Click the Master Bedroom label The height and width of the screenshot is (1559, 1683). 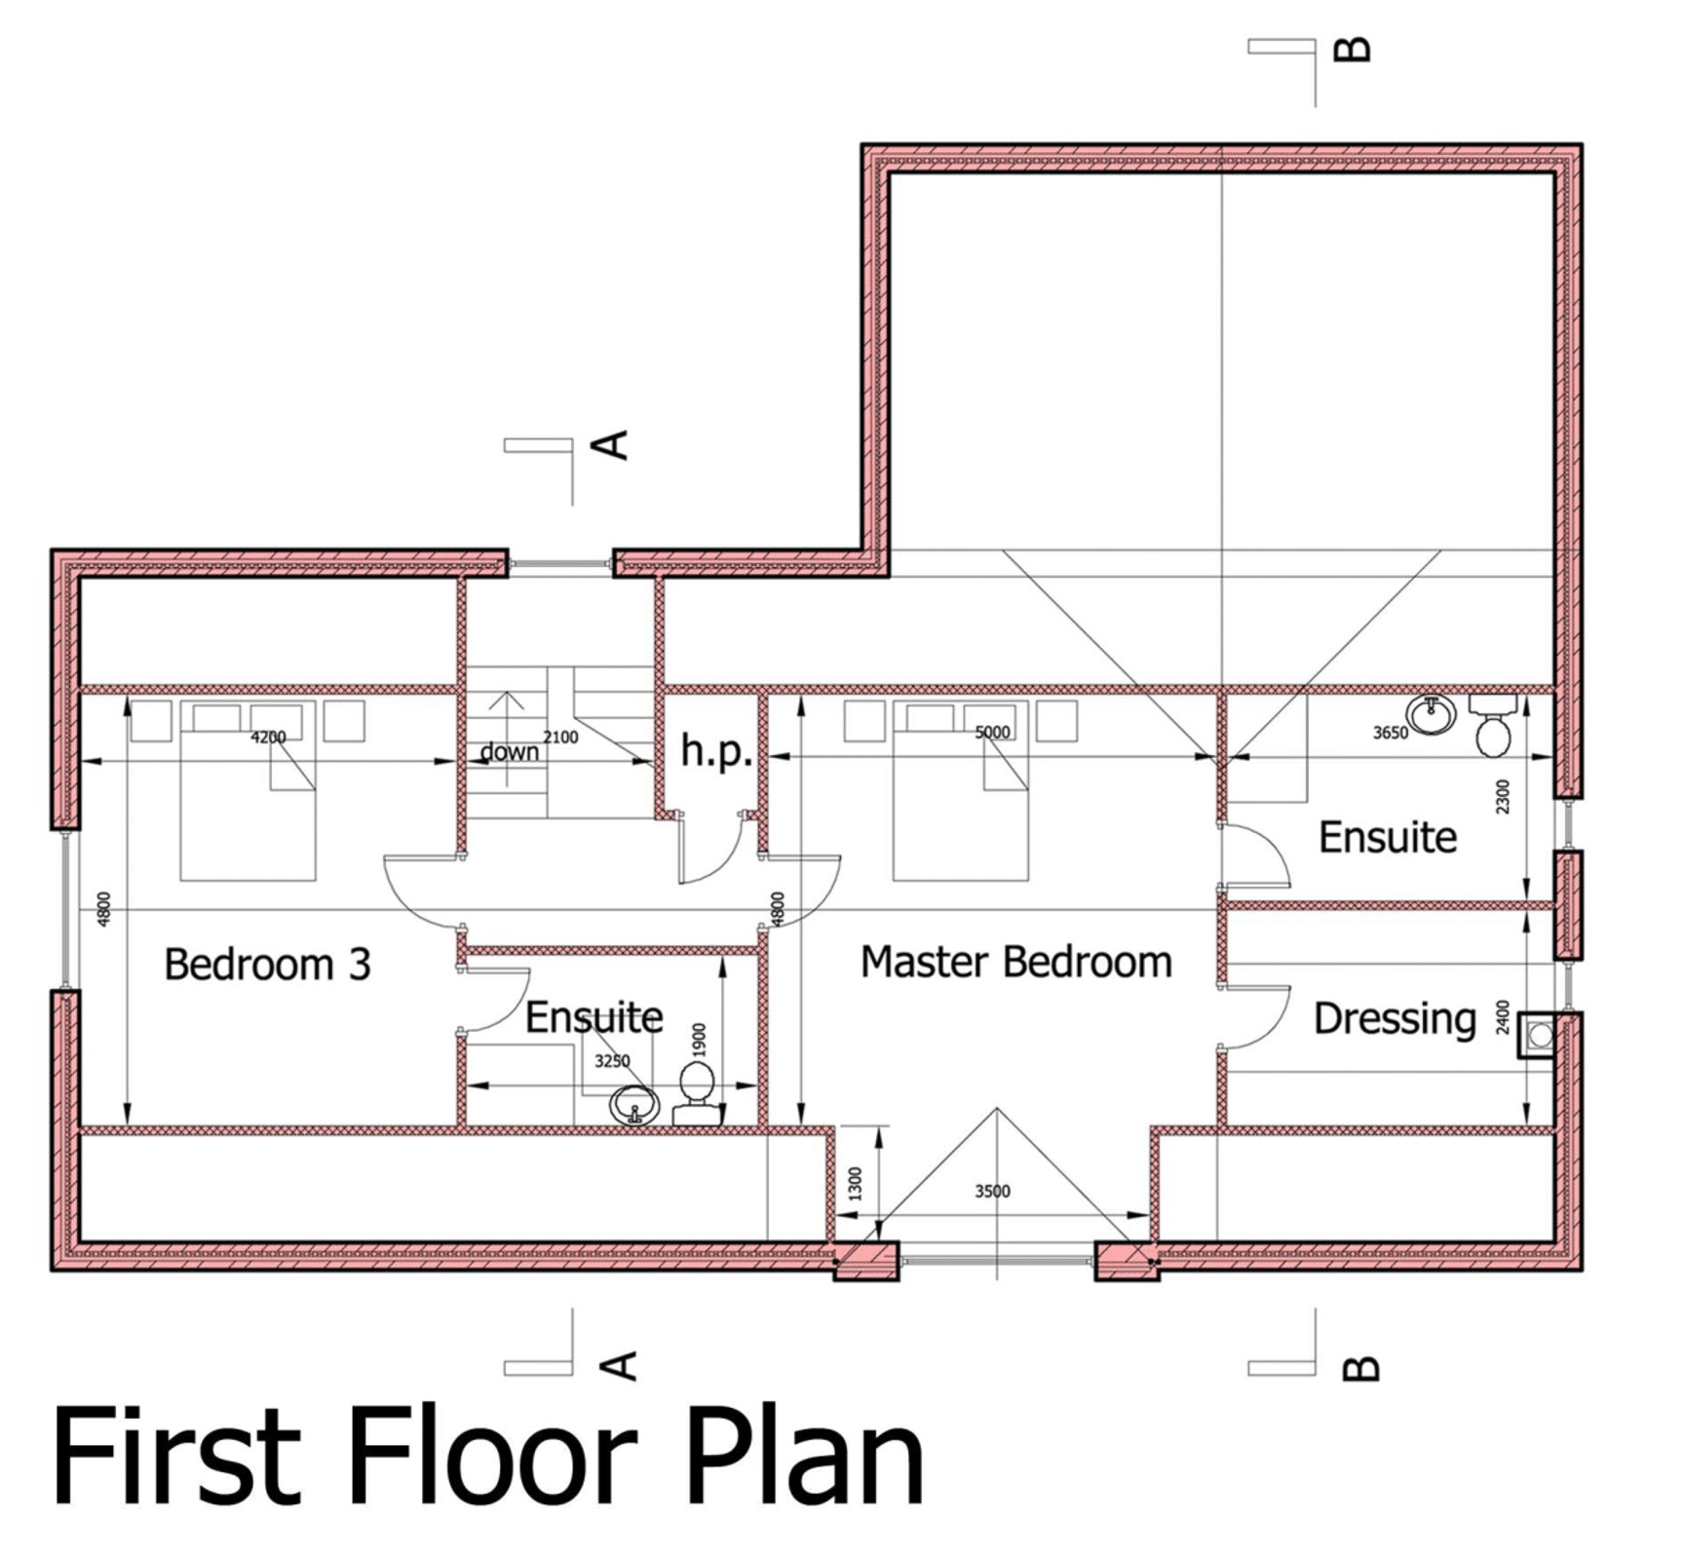click(1015, 962)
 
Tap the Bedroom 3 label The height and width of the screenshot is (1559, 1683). click(267, 965)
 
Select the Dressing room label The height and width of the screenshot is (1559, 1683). click(1395, 1019)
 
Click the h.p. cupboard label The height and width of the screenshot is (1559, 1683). click(716, 751)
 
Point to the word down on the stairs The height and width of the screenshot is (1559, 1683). click(510, 751)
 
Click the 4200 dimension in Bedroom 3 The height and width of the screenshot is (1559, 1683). click(268, 738)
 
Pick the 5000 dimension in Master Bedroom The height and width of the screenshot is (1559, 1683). click(992, 732)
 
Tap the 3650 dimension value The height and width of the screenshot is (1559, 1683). click(1391, 733)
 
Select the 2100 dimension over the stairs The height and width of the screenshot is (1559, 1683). click(560, 738)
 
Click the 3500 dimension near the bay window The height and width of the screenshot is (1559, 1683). click(992, 1191)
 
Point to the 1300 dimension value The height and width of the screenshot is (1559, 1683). click(856, 1183)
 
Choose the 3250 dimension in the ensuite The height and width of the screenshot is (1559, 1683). click(612, 1061)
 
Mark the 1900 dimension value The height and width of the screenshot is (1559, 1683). click(698, 1040)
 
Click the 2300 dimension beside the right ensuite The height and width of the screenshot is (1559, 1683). click(1502, 796)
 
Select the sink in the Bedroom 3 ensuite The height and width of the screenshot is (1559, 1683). click(634, 1105)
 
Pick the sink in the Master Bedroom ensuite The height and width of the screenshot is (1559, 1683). click(1432, 714)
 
